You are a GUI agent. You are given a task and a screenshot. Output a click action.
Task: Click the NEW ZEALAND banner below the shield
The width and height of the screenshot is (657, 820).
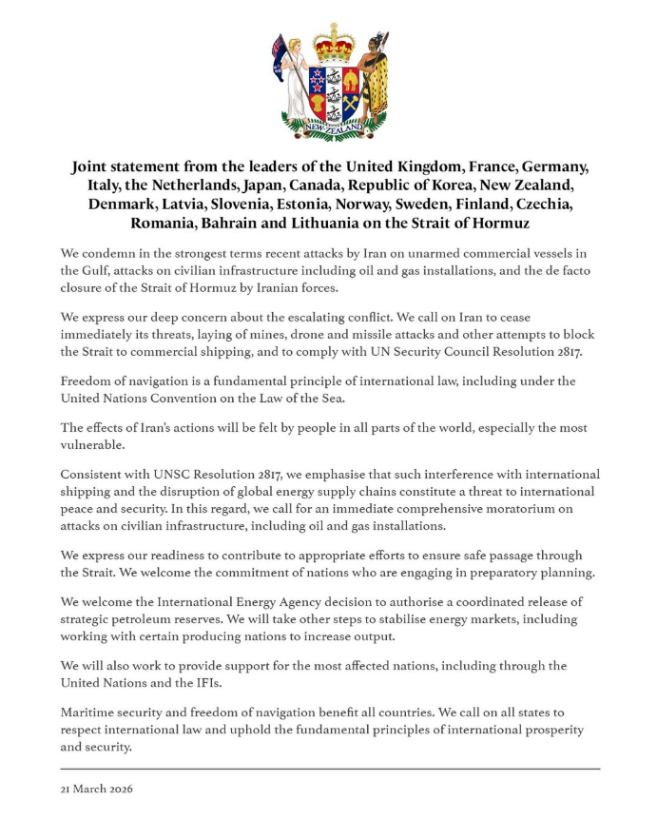coord(334,127)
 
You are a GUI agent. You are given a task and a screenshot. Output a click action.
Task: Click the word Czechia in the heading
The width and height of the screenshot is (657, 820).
coord(550,205)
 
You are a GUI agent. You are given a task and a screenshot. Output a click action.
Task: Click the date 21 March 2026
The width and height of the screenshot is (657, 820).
coord(99,790)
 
